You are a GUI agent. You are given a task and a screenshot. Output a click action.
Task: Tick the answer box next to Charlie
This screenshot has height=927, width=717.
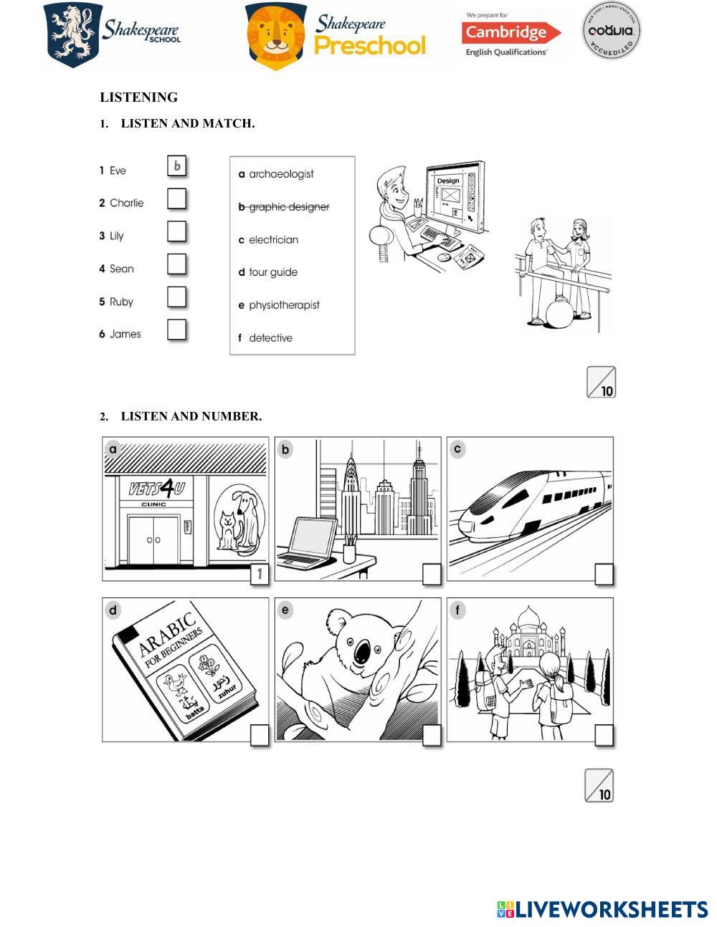[x=177, y=199]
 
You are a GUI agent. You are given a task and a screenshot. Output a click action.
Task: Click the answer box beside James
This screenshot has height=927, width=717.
[x=177, y=330]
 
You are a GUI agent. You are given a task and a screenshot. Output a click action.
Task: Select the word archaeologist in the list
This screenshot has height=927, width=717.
[x=281, y=174]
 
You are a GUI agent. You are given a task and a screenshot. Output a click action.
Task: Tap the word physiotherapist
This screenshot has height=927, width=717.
[x=284, y=305]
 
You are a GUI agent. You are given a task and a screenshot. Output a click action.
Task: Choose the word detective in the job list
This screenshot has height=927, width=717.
[x=270, y=338]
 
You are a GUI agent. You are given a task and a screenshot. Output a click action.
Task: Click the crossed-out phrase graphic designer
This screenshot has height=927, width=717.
[x=288, y=207]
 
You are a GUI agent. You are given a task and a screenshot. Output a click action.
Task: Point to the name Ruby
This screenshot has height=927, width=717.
[x=121, y=302]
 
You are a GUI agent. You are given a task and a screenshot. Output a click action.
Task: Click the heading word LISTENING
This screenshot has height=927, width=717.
[x=139, y=97]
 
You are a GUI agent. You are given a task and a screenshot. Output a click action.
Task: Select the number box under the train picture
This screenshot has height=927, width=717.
[x=604, y=575]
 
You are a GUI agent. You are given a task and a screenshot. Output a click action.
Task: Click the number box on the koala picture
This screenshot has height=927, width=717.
[x=432, y=736]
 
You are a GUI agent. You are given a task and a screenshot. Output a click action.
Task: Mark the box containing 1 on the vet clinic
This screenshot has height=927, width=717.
[x=260, y=575]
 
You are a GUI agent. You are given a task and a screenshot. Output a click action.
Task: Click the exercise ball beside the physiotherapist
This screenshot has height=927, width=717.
[x=559, y=314]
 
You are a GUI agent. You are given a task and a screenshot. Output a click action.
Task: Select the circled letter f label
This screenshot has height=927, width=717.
[x=457, y=610]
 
